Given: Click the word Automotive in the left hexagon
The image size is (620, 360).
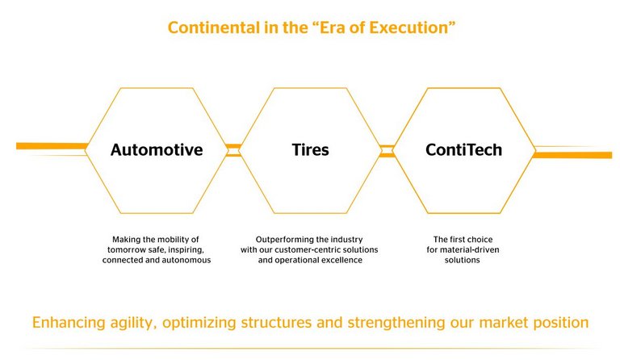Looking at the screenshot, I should pos(157,150).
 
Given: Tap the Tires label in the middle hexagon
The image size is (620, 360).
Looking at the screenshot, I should pos(310,150).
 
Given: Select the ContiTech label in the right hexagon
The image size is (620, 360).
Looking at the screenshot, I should pos(463,150).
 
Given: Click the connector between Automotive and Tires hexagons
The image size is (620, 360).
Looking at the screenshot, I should pos(233,150).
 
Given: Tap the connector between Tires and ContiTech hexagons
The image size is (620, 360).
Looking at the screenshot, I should pos(387,150).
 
